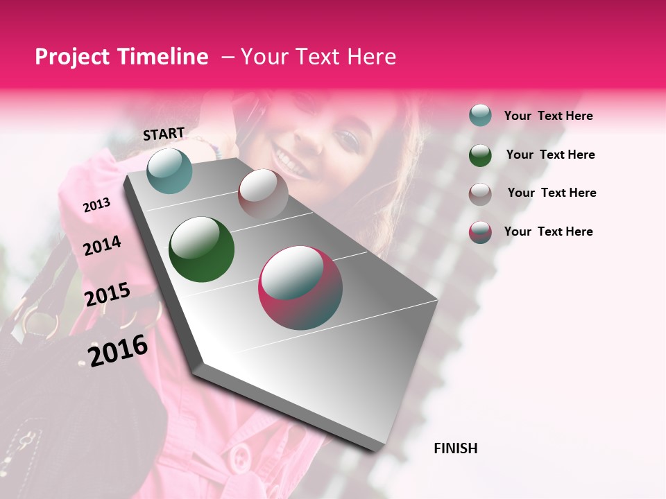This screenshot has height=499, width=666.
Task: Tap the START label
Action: (164, 134)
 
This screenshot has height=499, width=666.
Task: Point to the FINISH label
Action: (456, 448)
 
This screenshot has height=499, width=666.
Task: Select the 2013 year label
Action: (97, 204)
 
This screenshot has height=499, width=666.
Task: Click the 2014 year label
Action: (103, 245)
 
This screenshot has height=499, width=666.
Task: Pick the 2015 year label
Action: (108, 295)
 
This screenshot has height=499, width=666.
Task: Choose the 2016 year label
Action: (118, 350)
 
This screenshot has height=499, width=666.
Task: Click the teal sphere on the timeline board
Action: (170, 170)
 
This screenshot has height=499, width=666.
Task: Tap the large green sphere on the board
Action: (201, 249)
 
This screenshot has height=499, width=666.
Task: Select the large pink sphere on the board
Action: (300, 288)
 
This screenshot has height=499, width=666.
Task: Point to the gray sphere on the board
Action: (263, 193)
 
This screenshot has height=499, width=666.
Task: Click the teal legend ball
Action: (480, 116)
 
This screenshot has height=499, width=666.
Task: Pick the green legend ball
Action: (480, 155)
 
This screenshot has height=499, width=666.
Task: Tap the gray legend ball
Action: (480, 193)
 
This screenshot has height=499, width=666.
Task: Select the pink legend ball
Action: (480, 232)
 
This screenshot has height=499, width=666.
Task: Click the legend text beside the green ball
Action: (550, 155)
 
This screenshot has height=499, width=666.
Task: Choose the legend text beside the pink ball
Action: (548, 231)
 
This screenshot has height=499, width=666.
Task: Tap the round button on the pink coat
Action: (240, 457)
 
